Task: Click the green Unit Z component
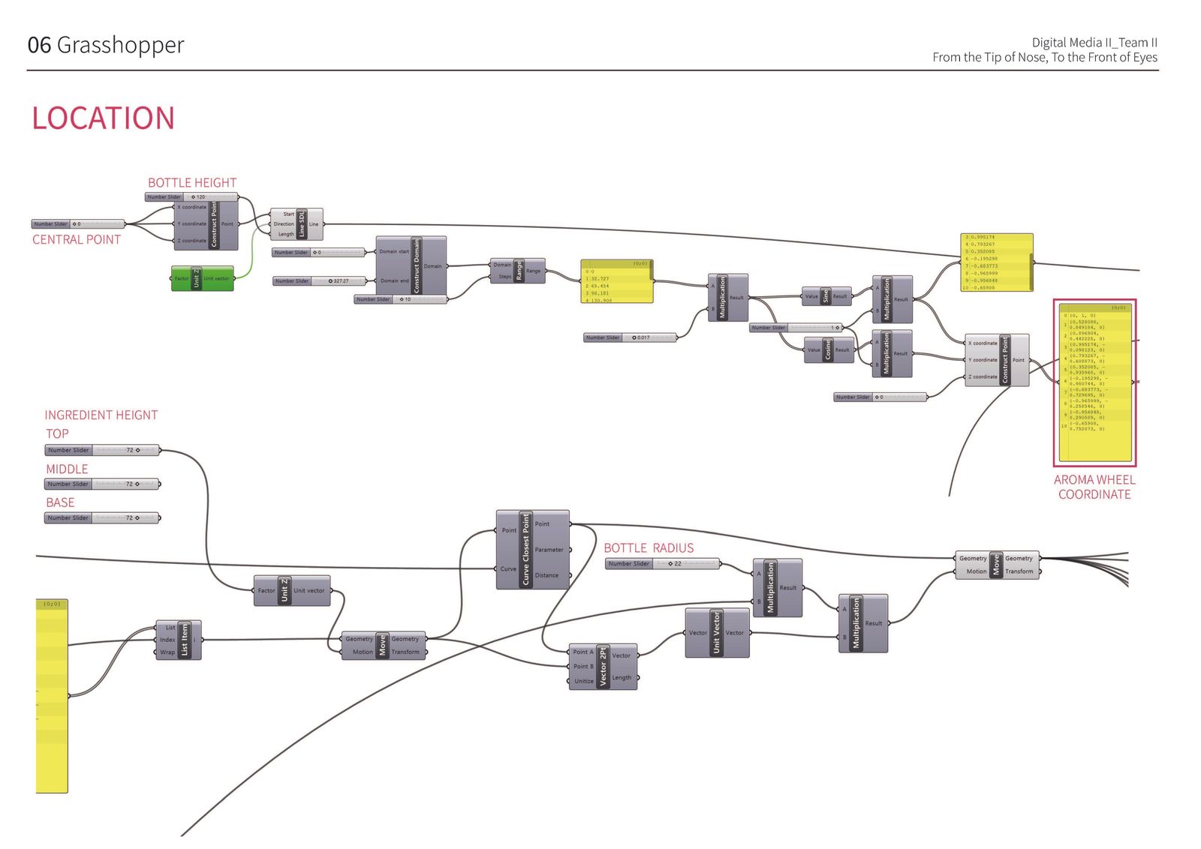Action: point(202,278)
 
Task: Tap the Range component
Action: point(518,271)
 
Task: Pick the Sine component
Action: point(826,296)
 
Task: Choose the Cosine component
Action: point(829,350)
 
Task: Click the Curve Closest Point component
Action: point(531,550)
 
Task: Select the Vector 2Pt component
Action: point(603,666)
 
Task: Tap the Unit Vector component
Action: point(716,633)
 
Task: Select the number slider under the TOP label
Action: point(102,450)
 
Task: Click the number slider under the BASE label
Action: point(102,517)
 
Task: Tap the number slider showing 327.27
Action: point(319,281)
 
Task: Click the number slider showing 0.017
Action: point(630,337)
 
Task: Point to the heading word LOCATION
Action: point(103,118)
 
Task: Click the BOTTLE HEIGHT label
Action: point(191,183)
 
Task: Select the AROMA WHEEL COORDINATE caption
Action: point(1094,487)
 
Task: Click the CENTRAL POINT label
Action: point(76,240)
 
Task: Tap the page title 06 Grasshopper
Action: point(106,45)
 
